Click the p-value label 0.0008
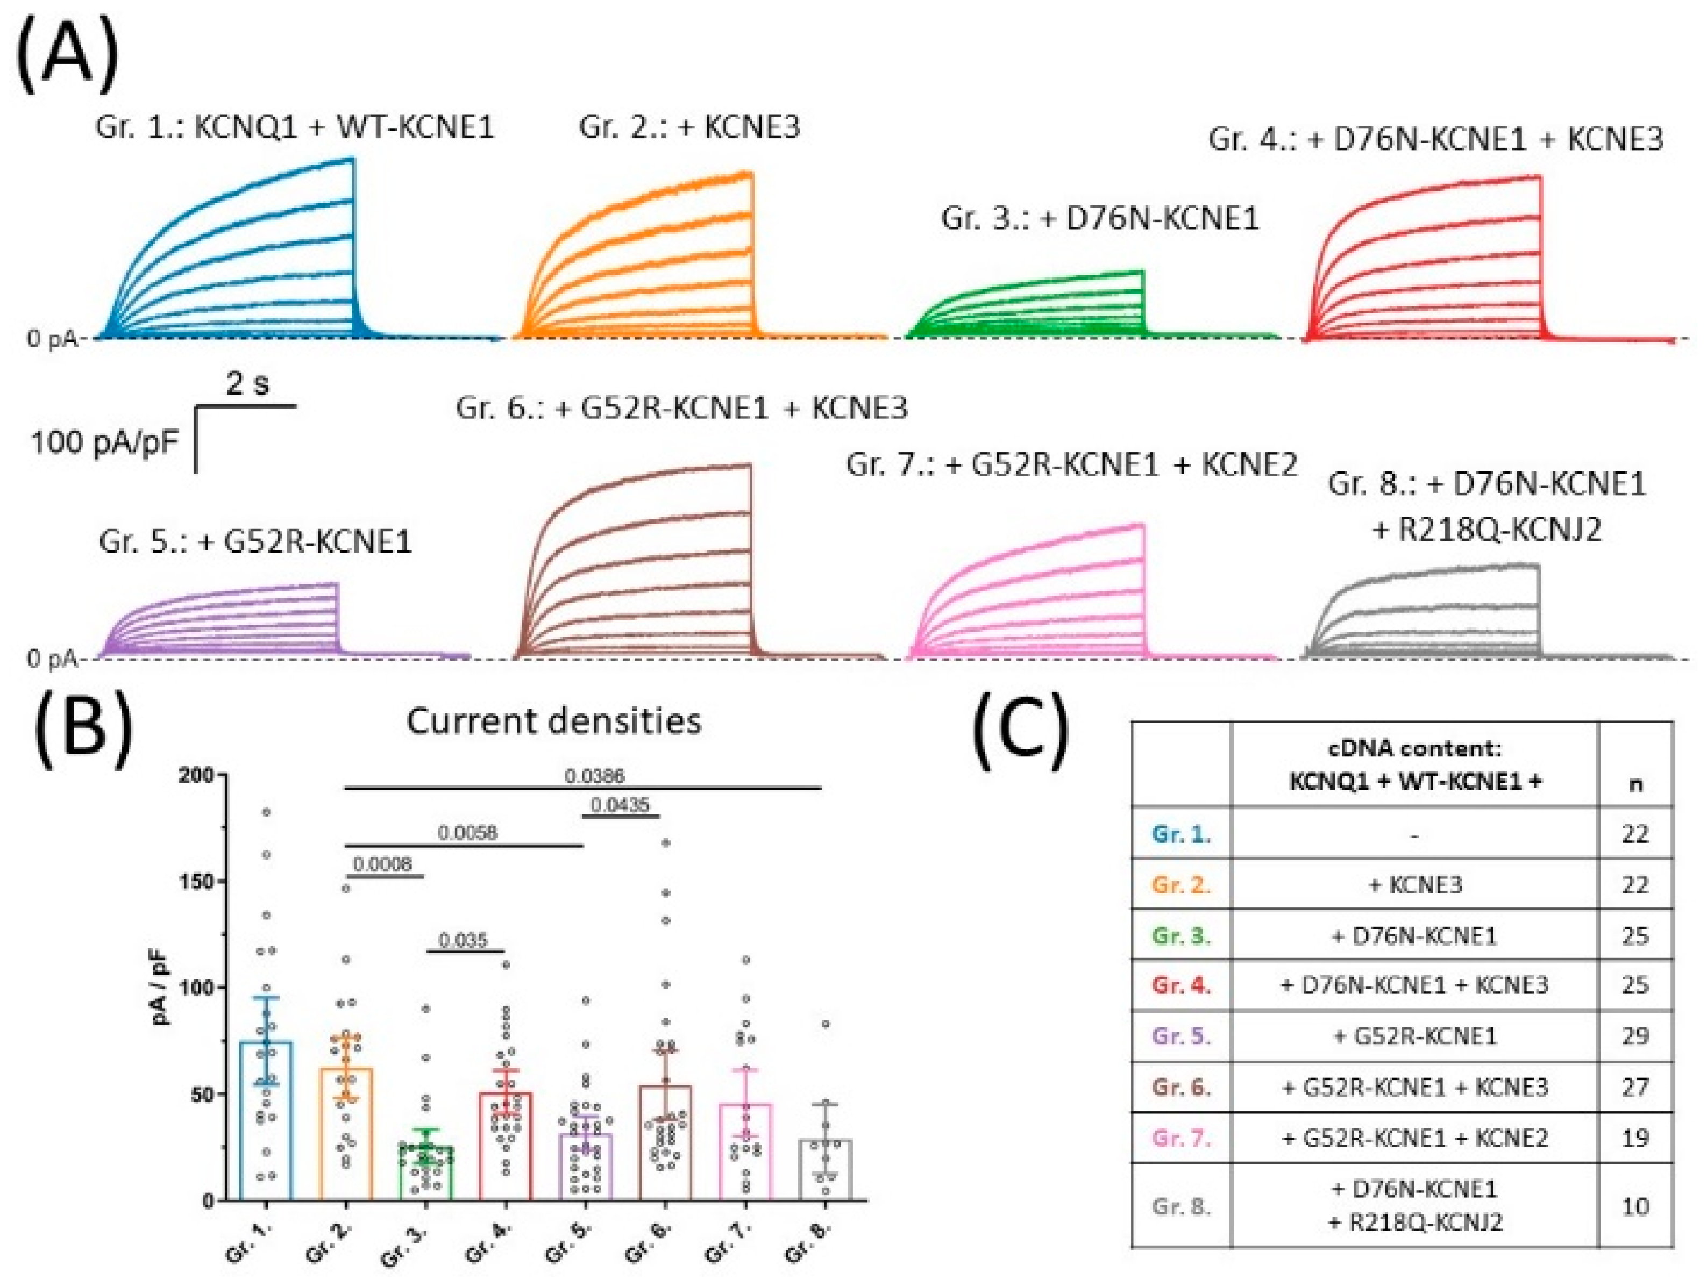383,864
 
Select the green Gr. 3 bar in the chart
426,1172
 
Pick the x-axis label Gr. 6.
645,1243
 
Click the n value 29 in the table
1634,1035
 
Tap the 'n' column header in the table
1634,784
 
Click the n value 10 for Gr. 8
1634,1206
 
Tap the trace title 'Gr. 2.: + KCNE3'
689,126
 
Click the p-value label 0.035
463,941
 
